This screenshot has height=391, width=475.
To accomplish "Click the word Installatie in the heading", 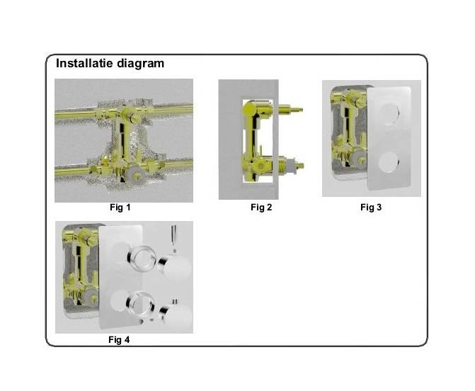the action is coord(84,63).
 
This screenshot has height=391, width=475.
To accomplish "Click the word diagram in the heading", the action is coord(141,64).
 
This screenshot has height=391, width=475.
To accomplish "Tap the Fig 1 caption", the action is coord(120,208).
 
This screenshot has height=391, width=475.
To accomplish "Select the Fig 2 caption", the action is coord(261,208).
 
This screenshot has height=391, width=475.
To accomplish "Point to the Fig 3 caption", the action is coord(371,208).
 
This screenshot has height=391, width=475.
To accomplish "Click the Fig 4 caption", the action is coord(119,339).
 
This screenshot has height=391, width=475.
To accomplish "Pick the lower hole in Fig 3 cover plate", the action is coord(389,162).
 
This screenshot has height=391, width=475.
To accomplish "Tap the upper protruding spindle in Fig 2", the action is coord(290,109).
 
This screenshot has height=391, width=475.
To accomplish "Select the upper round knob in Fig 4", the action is coord(176,267).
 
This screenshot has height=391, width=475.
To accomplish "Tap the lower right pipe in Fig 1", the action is coord(177,164).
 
